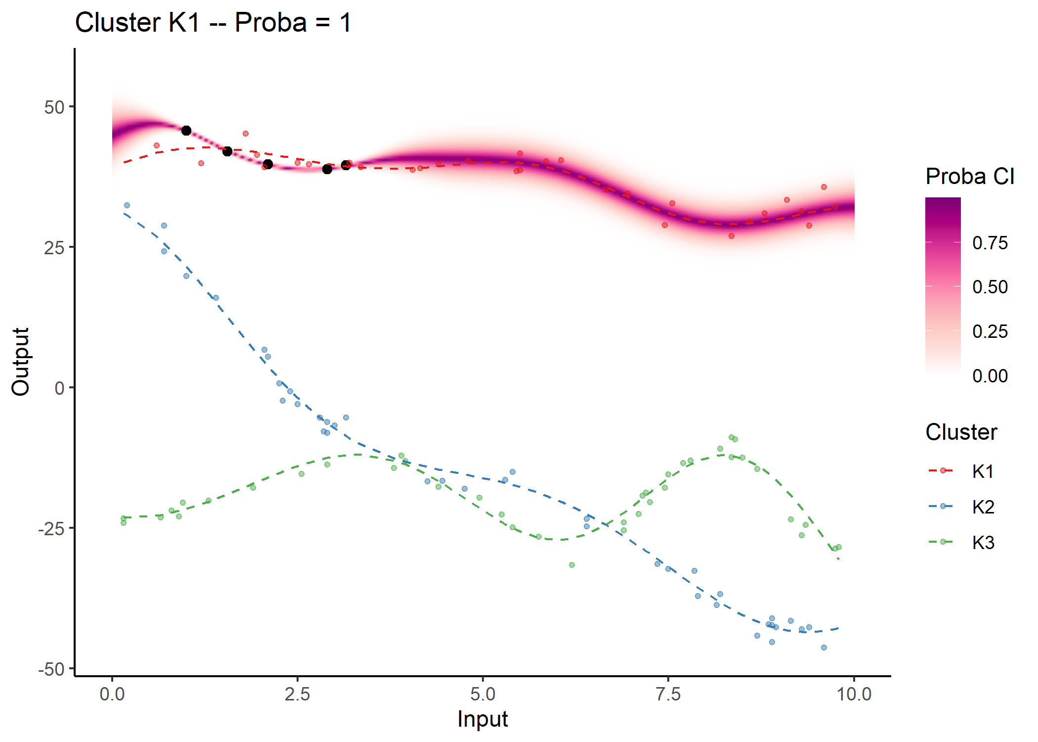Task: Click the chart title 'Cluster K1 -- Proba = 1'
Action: [213, 23]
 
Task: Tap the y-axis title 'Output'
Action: [21, 362]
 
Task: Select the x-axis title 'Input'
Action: [482, 719]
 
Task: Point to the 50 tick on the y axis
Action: [54, 107]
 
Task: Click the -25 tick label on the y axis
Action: [51, 529]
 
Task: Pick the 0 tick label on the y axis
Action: [59, 388]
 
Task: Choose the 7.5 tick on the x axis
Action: [668, 694]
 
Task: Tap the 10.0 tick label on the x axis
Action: [854, 694]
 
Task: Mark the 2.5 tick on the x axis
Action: [298, 694]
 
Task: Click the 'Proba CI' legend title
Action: [970, 177]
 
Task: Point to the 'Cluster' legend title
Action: [961, 432]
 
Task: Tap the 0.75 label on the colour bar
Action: [990, 243]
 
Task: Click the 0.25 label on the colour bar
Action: [990, 331]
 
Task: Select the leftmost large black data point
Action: [186, 131]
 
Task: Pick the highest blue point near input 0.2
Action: [127, 205]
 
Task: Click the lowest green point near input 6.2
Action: [572, 565]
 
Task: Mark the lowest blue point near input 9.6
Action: [824, 648]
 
